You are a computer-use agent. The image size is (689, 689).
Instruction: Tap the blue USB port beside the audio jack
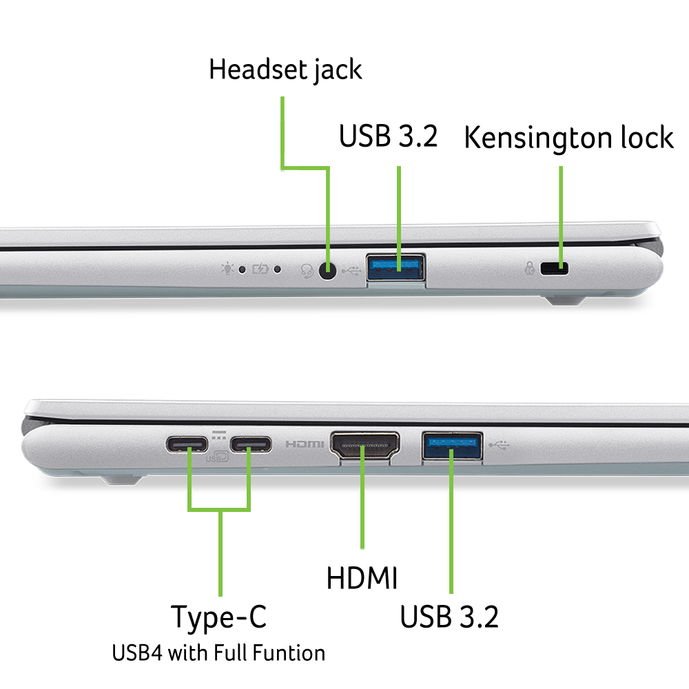tap(395, 268)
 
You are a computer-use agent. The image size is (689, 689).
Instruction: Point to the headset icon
tap(307, 270)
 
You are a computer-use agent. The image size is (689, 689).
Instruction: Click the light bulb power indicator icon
tap(226, 269)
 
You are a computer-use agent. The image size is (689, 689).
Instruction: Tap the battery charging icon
tap(260, 269)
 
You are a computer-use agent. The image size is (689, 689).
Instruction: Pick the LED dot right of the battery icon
tap(278, 269)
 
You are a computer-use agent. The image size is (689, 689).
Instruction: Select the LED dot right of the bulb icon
tap(242, 269)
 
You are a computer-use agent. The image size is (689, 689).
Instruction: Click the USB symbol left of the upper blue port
tap(351, 270)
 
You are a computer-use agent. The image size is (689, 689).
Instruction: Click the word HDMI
tap(305, 444)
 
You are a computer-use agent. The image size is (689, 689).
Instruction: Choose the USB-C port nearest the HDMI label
tap(250, 444)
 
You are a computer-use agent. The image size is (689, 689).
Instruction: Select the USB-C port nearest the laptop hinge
tap(187, 444)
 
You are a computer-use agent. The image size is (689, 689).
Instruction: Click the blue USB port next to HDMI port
tap(452, 445)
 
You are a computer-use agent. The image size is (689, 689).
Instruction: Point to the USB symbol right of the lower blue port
tap(500, 445)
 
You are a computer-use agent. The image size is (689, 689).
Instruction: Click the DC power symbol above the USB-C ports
tap(219, 435)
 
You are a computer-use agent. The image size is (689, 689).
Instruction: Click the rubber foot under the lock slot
tap(564, 300)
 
